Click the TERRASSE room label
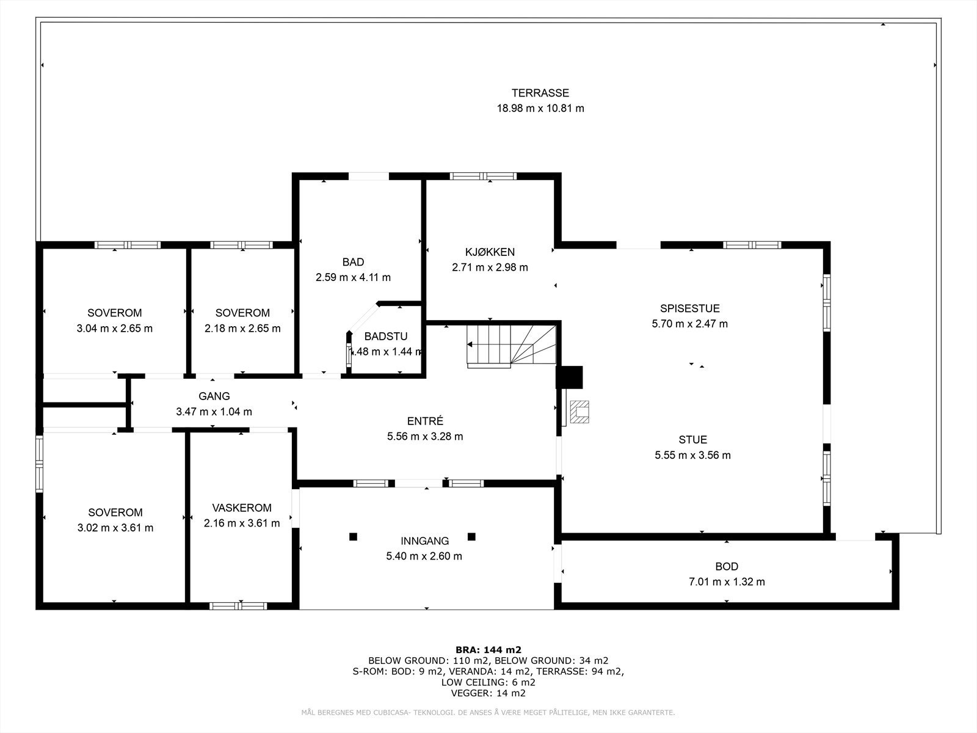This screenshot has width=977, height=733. (540, 93)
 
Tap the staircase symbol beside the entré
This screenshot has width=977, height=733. (512, 346)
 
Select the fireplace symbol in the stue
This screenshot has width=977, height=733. (579, 412)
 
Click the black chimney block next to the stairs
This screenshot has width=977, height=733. (570, 377)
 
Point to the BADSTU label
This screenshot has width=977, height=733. (385, 337)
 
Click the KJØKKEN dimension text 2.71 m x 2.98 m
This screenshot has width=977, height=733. (490, 267)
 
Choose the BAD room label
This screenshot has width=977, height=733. (353, 262)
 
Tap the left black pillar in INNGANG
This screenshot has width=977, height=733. (353, 537)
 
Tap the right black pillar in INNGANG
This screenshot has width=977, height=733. (471, 537)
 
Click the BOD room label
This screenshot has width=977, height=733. (726, 566)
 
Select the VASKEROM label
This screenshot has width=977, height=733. (242, 508)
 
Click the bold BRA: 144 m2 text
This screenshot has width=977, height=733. (488, 649)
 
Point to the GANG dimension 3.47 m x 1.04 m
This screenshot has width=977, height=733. (214, 412)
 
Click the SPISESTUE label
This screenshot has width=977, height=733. (689, 308)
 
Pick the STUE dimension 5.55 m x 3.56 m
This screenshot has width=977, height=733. (692, 455)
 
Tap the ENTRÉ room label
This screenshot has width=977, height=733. (425, 421)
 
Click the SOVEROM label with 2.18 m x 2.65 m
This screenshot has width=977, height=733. (242, 313)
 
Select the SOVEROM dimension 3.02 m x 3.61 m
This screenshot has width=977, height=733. (115, 528)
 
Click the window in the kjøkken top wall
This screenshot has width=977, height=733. (483, 177)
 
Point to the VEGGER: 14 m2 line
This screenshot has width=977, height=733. (488, 693)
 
